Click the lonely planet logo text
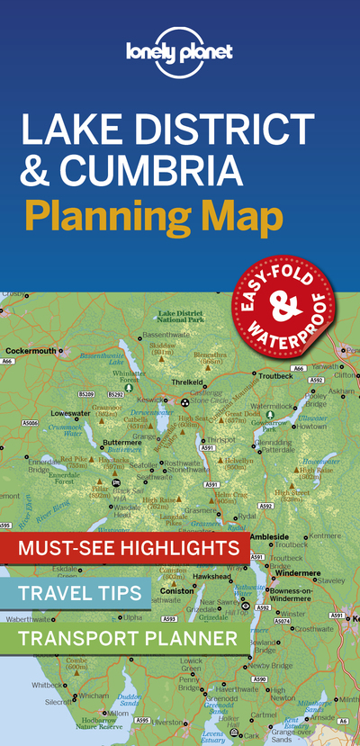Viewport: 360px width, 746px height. pyautogui.click(x=180, y=53)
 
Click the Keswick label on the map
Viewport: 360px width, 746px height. pyautogui.click(x=150, y=399)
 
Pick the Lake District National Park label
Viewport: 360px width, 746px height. pyautogui.click(x=179, y=315)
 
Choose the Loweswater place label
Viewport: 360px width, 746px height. pyautogui.click(x=70, y=414)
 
